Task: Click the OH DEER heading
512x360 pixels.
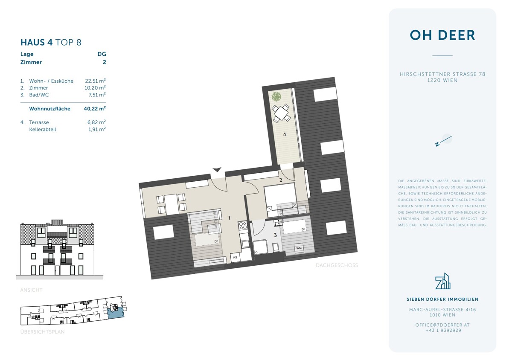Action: click(442, 35)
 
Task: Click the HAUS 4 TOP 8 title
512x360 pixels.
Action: click(51, 42)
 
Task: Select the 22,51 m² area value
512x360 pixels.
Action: click(96, 81)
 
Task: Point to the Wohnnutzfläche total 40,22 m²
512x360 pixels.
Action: click(95, 109)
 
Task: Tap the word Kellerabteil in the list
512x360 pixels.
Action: click(42, 129)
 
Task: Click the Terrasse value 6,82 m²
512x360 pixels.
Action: click(96, 122)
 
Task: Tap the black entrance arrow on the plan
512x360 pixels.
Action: click(217, 169)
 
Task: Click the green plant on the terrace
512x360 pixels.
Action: click(276, 96)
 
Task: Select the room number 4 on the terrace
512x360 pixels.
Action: click(284, 134)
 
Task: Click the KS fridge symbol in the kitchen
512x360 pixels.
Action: click(235, 257)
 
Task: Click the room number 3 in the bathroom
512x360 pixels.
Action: click(275, 235)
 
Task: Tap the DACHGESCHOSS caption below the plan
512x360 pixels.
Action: click(337, 265)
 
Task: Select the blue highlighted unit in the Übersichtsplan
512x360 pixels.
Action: click(115, 314)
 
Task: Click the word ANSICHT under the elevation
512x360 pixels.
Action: click(32, 290)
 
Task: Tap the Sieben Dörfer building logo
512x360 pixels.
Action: click(442, 281)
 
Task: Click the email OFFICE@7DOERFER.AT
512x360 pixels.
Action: click(442, 325)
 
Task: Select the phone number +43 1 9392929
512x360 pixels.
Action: click(442, 331)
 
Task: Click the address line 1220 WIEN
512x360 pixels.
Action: click(442, 80)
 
